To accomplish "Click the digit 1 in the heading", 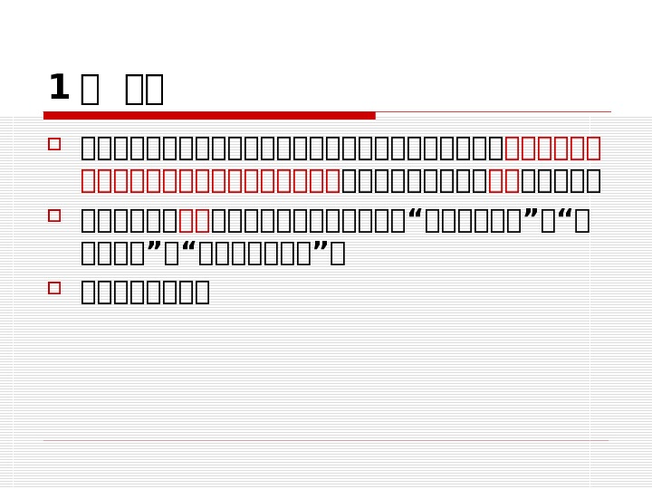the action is (x=58, y=88).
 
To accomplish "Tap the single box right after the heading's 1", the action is (x=90, y=90).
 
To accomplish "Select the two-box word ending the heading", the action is (x=144, y=90).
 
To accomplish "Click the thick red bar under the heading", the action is (x=209, y=115).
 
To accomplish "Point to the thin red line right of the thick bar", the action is (x=493, y=112).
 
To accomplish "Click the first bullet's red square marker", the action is (x=54, y=144).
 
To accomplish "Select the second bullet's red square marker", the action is (x=54, y=216).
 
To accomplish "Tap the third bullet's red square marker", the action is (x=54, y=288).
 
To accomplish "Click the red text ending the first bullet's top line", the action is (x=552, y=148).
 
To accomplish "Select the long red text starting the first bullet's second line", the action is (x=210, y=180).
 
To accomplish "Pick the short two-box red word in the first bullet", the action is (x=503, y=180).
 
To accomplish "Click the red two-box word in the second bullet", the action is (x=194, y=220).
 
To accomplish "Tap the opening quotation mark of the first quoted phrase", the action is (x=415, y=218).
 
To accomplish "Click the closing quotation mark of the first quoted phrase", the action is (x=531, y=218).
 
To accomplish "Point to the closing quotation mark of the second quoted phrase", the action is (x=154, y=251).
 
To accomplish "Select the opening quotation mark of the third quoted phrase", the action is (x=189, y=251).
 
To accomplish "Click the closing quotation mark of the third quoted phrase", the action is (x=320, y=251).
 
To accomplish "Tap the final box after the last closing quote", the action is (x=338, y=253).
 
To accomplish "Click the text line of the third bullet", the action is (x=145, y=292).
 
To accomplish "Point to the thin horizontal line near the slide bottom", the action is (x=326, y=441).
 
